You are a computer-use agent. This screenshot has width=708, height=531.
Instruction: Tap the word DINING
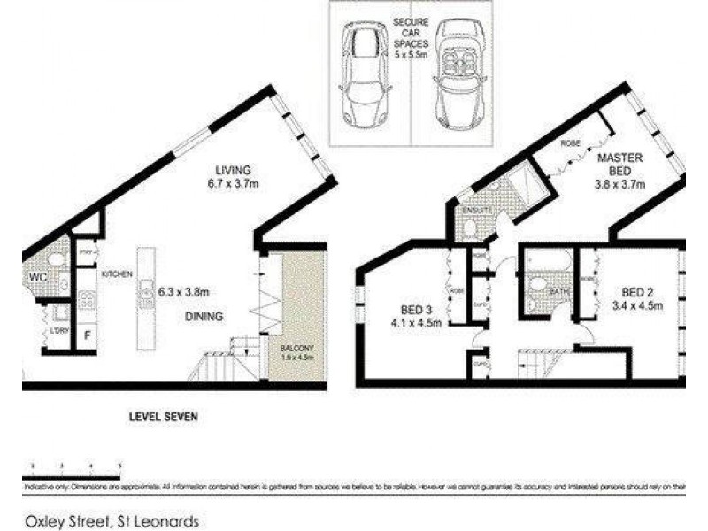tap(204, 316)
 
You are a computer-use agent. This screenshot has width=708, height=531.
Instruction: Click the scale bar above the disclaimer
tap(75, 467)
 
